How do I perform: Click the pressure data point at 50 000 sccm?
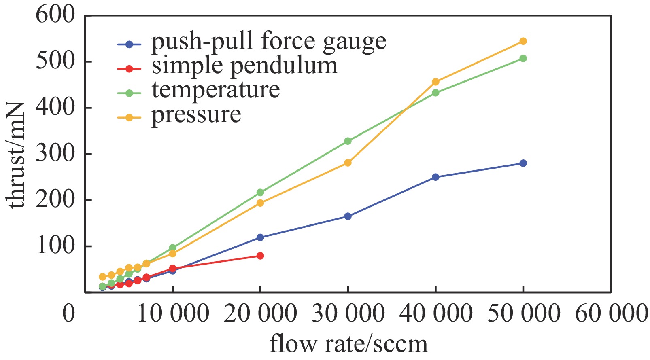(x=523, y=41)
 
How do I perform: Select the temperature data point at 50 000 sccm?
(x=523, y=58)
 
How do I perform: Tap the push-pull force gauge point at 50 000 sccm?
(x=523, y=163)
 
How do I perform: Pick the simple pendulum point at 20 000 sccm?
(x=260, y=256)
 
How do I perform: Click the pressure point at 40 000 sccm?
(x=435, y=82)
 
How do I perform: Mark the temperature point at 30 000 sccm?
(x=348, y=141)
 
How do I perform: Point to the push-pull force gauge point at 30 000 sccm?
(x=348, y=216)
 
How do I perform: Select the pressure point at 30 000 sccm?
(x=348, y=163)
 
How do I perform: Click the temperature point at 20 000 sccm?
(x=260, y=193)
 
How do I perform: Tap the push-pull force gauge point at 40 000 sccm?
(x=435, y=177)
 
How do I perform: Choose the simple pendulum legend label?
(x=244, y=66)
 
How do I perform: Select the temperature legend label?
(x=216, y=90)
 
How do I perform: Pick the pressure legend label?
(x=196, y=115)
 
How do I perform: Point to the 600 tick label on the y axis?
(x=55, y=15)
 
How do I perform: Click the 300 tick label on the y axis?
(x=55, y=154)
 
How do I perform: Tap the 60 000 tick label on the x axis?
(x=611, y=313)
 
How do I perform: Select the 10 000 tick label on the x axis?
(x=173, y=313)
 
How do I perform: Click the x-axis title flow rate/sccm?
(x=348, y=344)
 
